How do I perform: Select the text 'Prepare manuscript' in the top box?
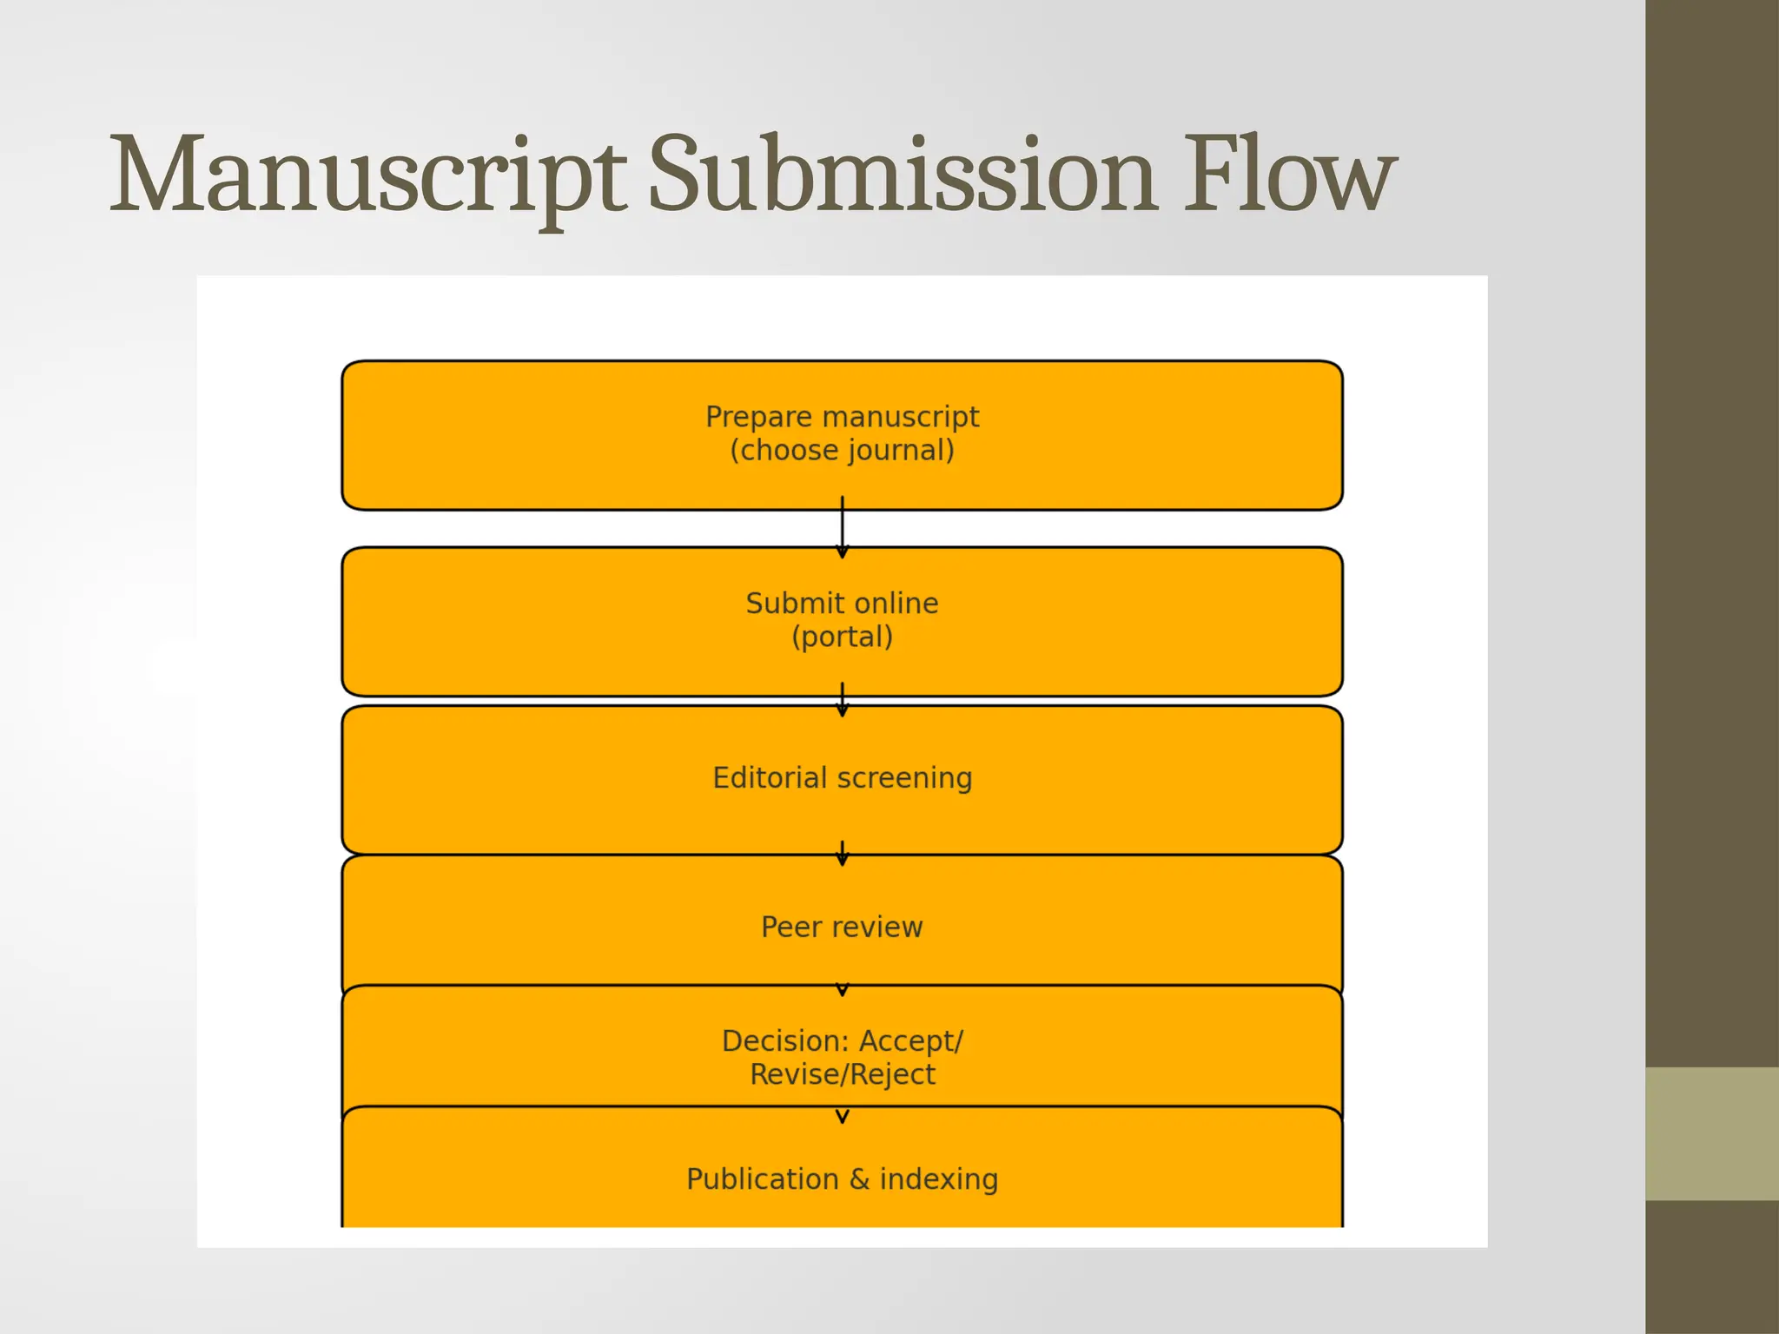[842, 417]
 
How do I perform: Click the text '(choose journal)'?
[842, 451]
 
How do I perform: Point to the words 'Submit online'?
[842, 603]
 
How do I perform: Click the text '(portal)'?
[842, 637]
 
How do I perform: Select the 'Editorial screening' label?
[842, 777]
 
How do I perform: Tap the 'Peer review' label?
[842, 927]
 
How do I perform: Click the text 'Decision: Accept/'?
[842, 1040]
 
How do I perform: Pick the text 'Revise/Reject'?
[842, 1074]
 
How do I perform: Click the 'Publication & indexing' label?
[842, 1179]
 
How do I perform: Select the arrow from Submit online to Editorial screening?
[842, 700]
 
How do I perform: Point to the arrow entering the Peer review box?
[842, 854]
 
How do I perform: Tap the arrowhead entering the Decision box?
[842, 990]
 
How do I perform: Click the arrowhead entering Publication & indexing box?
[842, 1116]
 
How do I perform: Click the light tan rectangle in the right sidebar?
[1711, 1133]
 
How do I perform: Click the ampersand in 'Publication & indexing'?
[859, 1179]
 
